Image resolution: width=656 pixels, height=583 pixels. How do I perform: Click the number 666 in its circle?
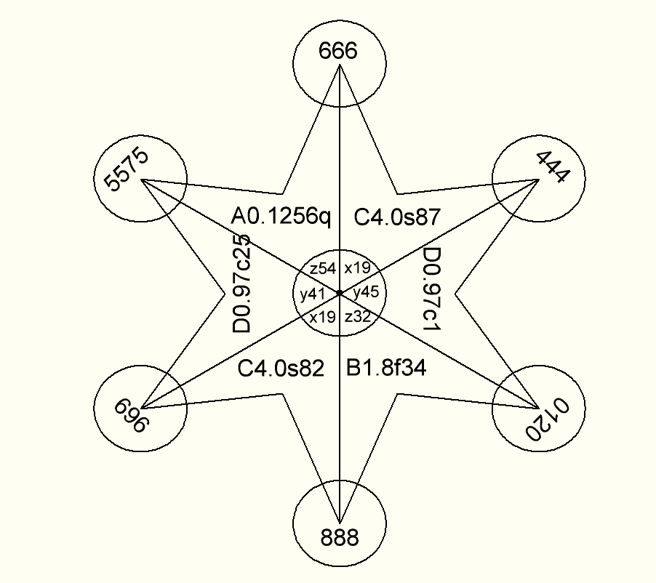339,52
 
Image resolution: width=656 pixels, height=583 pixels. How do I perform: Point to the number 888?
339,538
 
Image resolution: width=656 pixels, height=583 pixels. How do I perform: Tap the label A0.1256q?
281,216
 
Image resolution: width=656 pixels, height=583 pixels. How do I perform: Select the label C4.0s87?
397,216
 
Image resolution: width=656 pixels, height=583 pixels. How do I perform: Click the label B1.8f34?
385,369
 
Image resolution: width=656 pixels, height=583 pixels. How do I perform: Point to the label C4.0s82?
281,369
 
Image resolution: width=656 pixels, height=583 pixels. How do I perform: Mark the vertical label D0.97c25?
242,284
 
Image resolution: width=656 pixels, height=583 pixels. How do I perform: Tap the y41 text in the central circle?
311,294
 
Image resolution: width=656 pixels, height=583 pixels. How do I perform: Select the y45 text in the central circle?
366,293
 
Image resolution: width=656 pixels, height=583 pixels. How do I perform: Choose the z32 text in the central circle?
358,317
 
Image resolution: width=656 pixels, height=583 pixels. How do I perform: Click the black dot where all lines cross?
339,292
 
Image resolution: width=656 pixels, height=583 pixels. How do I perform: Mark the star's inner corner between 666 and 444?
398,193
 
